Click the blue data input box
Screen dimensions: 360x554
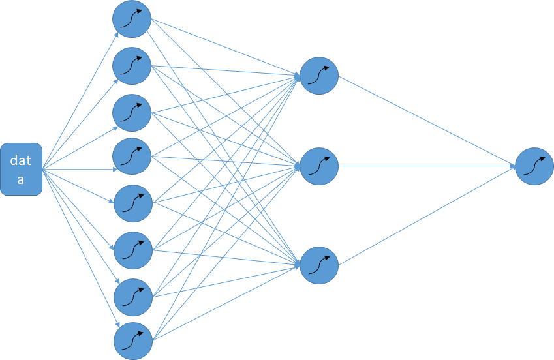pos(21,169)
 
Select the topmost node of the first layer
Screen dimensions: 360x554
pos(132,19)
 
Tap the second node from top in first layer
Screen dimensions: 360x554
pos(132,65)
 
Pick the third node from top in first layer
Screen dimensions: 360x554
pos(132,112)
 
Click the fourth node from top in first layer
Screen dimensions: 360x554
pos(132,156)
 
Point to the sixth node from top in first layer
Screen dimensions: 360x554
pos(132,249)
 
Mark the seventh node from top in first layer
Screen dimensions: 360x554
pos(132,297)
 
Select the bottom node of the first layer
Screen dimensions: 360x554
pos(132,341)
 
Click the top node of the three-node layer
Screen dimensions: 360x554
pos(319,76)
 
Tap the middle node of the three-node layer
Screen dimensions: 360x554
pos(319,166)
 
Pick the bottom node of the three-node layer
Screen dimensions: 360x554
pos(319,265)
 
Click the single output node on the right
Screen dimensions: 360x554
pos(534,166)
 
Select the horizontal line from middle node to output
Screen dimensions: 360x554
pos(424,166)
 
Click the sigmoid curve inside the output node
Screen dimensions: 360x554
pos(534,166)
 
